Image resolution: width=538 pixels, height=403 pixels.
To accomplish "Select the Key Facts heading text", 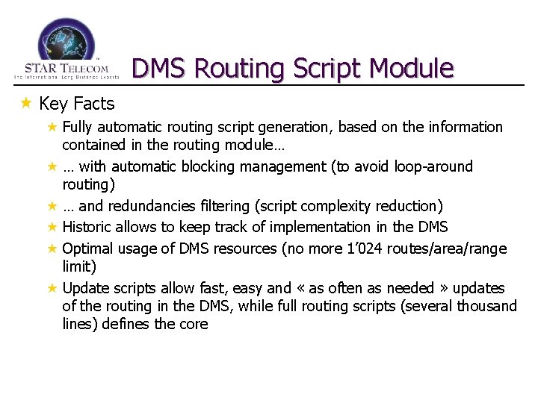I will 77,103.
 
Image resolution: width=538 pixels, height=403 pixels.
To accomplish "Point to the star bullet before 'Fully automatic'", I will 52,127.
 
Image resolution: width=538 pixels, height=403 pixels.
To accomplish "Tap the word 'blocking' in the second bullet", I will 202,166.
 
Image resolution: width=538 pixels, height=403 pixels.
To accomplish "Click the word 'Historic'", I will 88,227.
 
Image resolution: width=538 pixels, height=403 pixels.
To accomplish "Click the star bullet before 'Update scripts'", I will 52,288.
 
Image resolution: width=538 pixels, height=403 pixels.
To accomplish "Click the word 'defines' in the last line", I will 126,325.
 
